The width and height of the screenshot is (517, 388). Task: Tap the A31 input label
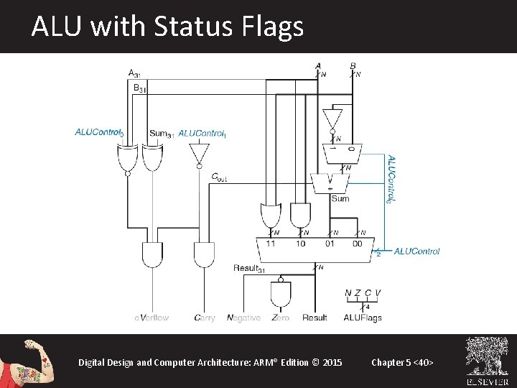tap(134, 73)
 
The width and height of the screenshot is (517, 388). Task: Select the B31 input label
tap(139, 88)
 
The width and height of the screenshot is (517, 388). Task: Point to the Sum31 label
tap(162, 133)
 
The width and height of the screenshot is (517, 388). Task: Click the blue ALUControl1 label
tap(202, 133)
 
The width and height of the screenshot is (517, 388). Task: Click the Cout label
tap(219, 177)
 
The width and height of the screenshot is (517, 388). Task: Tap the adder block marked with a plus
tap(330, 183)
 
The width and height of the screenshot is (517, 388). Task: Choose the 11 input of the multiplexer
tap(271, 244)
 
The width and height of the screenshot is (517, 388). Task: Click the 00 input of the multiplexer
tap(358, 244)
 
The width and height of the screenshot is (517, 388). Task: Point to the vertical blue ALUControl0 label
tap(391, 179)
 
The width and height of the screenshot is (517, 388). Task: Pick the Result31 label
tap(249, 268)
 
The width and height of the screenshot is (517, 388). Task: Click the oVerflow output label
tap(152, 318)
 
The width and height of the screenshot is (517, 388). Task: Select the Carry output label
tap(205, 318)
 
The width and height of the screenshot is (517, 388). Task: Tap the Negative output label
tap(243, 318)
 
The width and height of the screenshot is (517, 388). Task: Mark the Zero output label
tap(281, 318)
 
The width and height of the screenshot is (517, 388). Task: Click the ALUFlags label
tap(363, 318)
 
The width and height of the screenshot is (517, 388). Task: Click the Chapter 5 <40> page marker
tap(402, 362)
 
